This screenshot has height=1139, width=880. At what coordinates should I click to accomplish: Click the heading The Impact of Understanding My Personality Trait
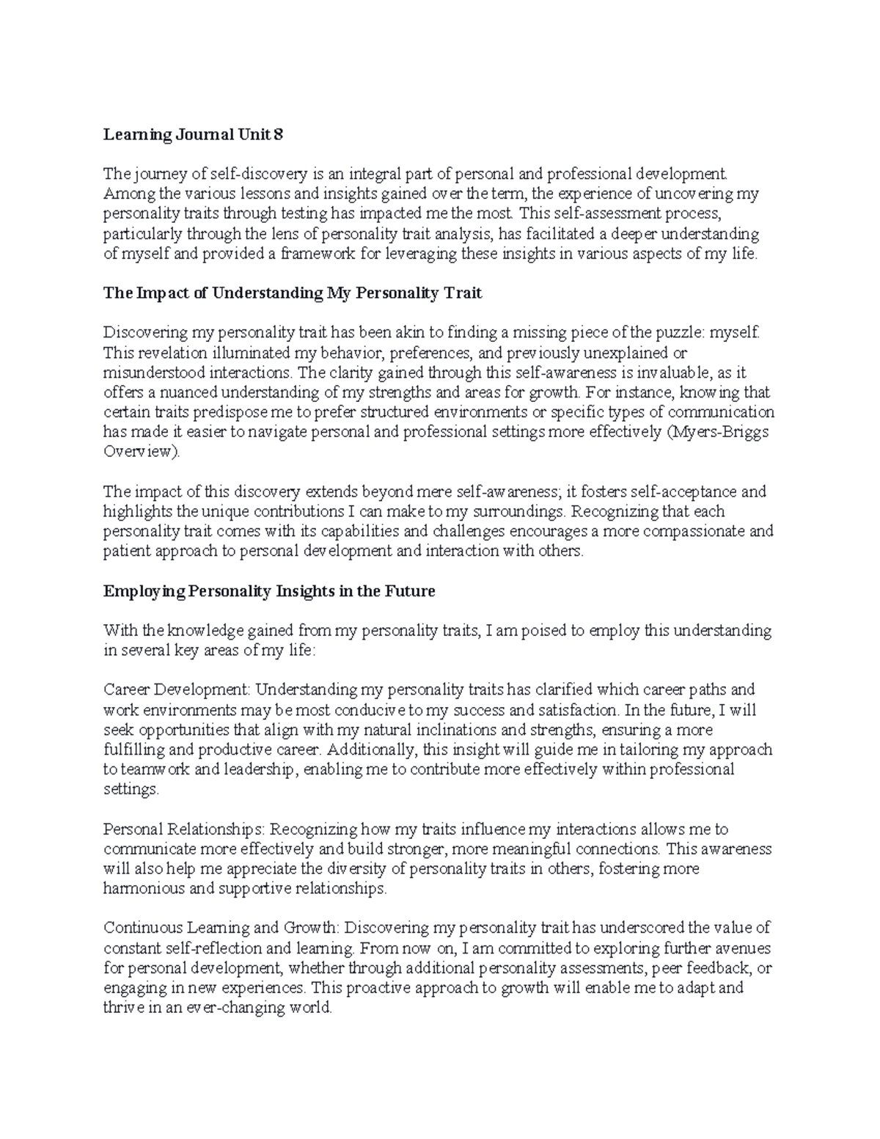tap(293, 293)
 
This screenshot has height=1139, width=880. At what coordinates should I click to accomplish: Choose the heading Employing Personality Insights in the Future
tap(269, 591)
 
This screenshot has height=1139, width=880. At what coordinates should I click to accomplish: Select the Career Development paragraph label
tap(177, 690)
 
